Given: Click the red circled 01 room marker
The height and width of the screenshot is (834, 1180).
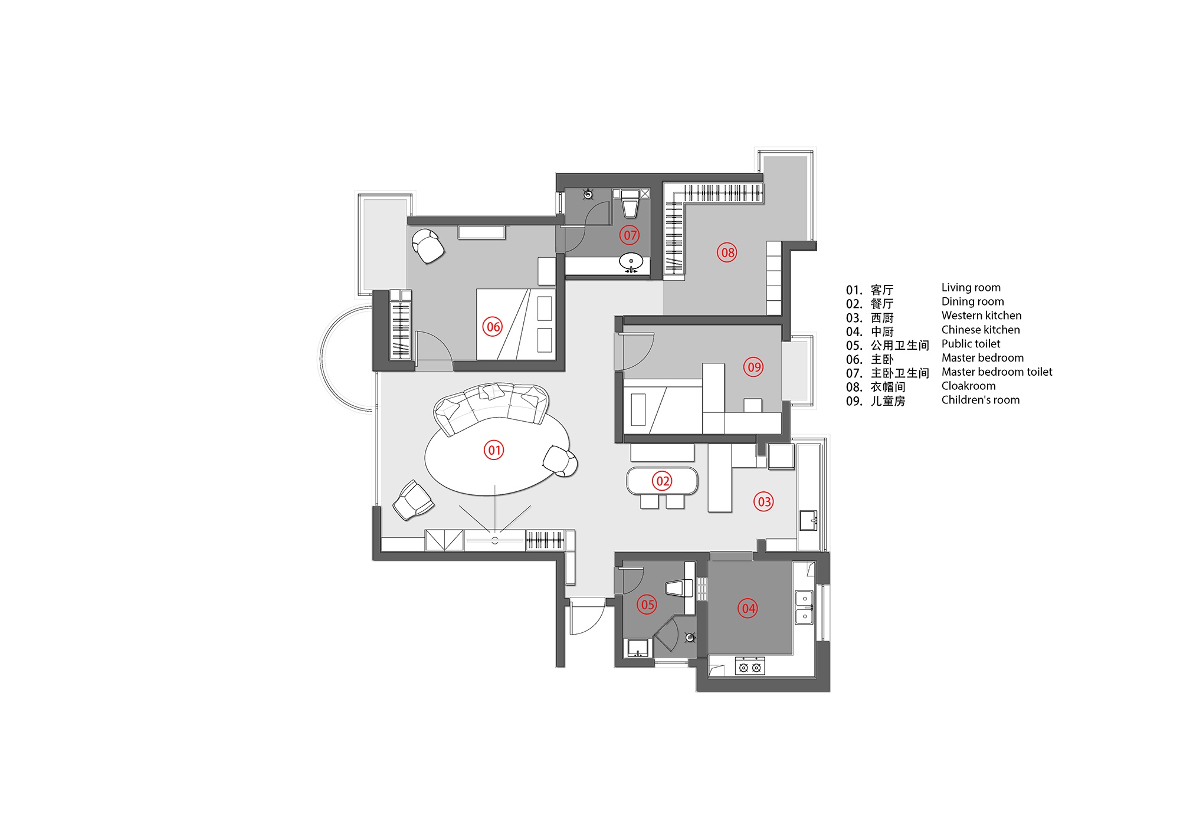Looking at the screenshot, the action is click(x=494, y=451).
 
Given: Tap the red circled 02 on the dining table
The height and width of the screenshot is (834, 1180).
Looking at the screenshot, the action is click(x=663, y=481).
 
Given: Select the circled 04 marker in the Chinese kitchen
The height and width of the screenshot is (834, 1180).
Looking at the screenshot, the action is click(x=748, y=608).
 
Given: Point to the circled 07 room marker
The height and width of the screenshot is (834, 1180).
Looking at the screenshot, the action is click(x=630, y=235).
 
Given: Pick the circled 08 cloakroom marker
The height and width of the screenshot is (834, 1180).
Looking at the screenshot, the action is click(x=727, y=252).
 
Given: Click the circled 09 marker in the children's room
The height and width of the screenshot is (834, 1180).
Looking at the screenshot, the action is click(x=753, y=367).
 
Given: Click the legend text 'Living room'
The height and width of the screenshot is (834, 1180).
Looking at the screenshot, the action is click(x=971, y=288).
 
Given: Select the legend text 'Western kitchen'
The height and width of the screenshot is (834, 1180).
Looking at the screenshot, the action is click(x=982, y=316).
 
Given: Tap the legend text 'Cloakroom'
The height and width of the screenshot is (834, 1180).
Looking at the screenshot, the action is click(x=969, y=386).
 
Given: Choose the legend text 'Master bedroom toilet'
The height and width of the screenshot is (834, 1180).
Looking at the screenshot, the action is click(x=997, y=372).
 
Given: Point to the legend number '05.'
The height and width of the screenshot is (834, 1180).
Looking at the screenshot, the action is click(x=854, y=346).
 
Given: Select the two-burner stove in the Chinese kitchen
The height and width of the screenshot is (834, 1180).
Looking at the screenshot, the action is click(x=750, y=666).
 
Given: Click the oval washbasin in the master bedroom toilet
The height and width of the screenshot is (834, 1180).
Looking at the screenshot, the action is click(x=631, y=261).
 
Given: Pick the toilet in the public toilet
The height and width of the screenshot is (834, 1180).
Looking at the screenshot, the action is click(x=680, y=588).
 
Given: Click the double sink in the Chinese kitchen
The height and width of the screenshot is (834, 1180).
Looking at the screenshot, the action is click(x=804, y=608).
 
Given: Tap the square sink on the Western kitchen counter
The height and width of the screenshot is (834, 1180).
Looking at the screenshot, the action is click(x=808, y=521).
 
